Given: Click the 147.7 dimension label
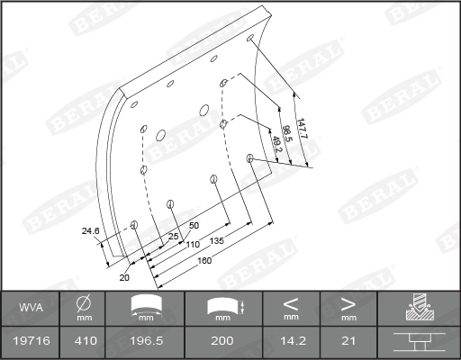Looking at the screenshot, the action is (302, 129).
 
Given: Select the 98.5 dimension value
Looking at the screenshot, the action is (286, 133).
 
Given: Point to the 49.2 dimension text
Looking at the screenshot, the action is (276, 144).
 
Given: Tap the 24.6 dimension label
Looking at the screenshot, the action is (90, 231).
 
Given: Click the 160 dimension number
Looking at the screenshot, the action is (204, 260).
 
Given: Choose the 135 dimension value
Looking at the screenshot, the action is (216, 241).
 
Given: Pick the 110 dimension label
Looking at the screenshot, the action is (193, 245).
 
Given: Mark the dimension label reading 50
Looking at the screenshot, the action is (194, 225).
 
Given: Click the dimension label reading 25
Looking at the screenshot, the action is (173, 237).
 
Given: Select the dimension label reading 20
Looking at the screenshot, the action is (124, 277).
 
